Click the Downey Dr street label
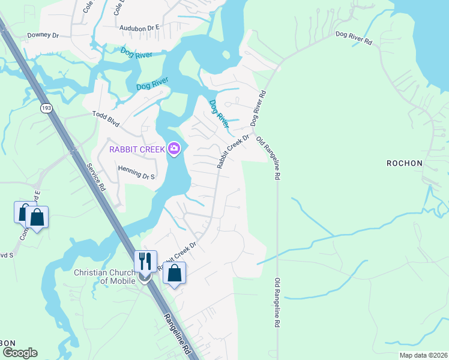[43, 36]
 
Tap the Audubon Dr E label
[140, 28]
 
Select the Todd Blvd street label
[106, 118]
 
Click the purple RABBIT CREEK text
[136, 149]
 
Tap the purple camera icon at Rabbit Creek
[174, 148]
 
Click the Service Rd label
[96, 177]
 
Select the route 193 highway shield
[46, 109]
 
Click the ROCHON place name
[405, 163]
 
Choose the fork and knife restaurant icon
[145, 261]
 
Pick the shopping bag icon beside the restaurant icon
[174, 273]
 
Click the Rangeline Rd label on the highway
[178, 336]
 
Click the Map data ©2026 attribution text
[423, 355]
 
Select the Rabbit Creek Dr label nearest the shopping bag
[178, 255]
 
